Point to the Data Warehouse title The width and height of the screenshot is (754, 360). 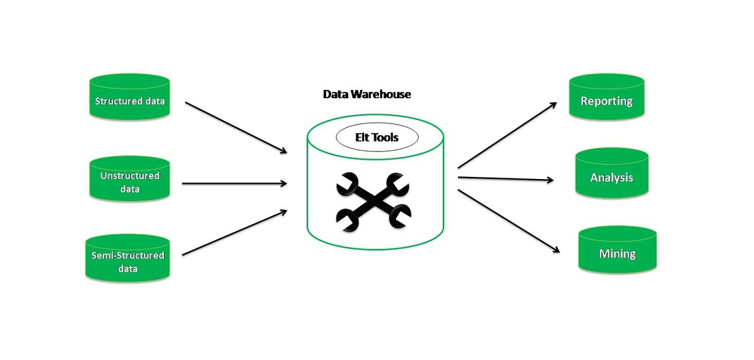tap(367, 94)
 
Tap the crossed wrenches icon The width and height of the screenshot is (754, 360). tap(373, 200)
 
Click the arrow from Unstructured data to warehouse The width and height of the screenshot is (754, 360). tap(234, 183)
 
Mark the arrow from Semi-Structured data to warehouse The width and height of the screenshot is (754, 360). tap(234, 232)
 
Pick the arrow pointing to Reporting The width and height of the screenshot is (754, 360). tap(507, 135)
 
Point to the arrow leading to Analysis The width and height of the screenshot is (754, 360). tap(505, 179)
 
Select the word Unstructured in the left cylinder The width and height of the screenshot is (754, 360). tap(130, 176)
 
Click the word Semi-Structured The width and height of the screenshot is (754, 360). tap(127, 256)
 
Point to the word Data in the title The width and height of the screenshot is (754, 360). tap(335, 94)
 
